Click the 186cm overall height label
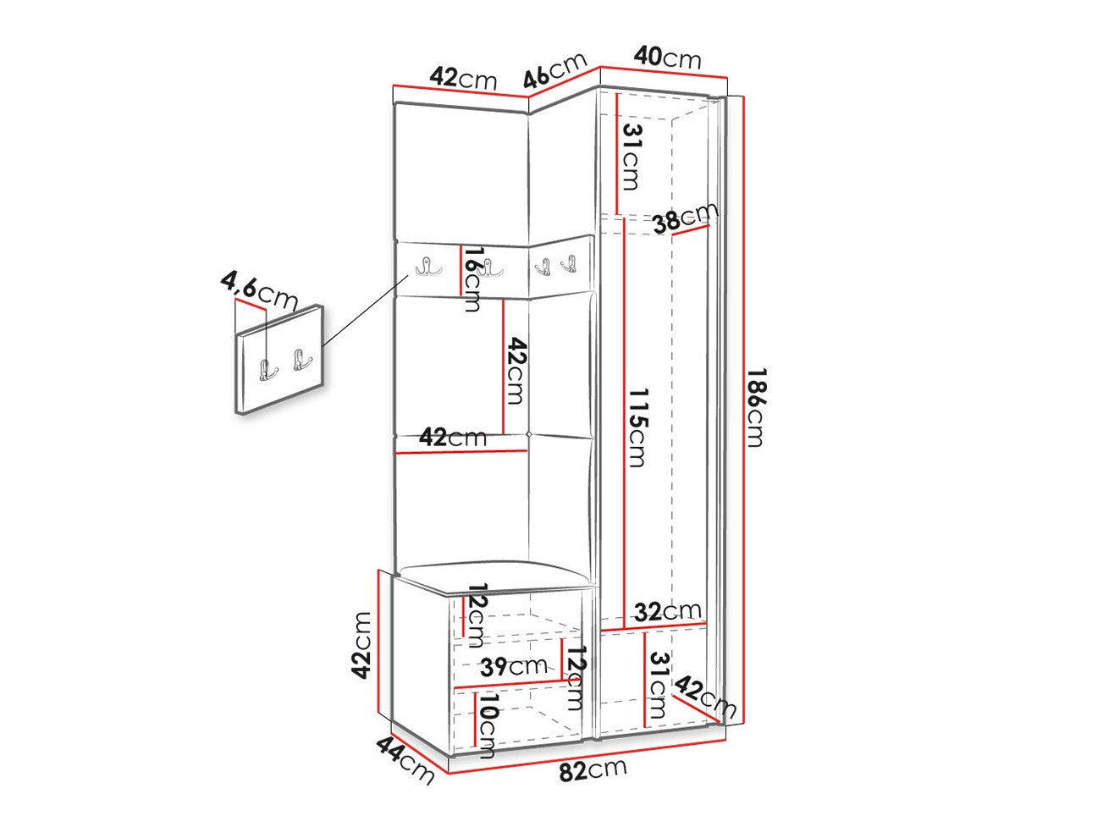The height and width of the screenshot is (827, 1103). [755, 407]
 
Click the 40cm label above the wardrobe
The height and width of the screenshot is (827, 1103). [667, 58]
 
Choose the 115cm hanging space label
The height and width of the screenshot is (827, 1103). [637, 427]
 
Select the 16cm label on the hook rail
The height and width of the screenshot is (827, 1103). [472, 278]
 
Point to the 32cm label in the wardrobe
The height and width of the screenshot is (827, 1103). [667, 611]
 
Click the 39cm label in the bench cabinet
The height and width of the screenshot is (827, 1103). [513, 666]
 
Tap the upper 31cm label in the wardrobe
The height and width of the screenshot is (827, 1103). [631, 157]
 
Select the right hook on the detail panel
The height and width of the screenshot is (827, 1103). [301, 359]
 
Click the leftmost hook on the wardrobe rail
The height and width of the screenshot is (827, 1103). [428, 267]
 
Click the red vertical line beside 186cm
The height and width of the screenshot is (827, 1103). [742, 409]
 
